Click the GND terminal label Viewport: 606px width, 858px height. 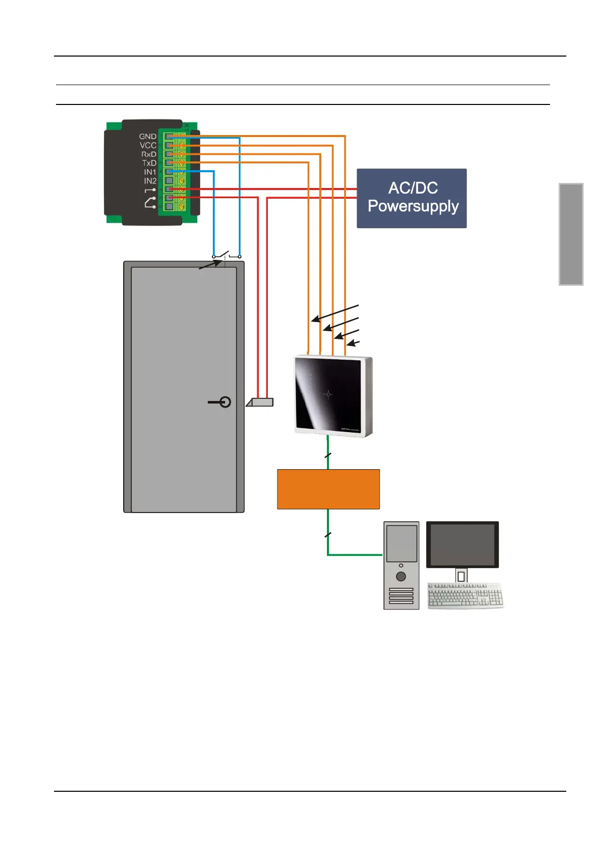click(148, 137)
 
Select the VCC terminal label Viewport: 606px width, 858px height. click(148, 145)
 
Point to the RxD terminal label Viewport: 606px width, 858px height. click(149, 154)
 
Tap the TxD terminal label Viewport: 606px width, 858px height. click(149, 163)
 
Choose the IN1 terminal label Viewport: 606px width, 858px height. click(150, 172)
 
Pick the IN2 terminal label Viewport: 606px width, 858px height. click(150, 181)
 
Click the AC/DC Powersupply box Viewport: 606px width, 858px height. click(411, 198)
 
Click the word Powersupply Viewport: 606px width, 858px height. click(413, 206)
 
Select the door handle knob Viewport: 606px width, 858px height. click(225, 402)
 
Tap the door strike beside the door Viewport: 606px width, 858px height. click(260, 402)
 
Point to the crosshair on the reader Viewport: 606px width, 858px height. click(328, 394)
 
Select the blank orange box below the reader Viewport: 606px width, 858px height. click(328, 489)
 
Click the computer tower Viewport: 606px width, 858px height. click(401, 565)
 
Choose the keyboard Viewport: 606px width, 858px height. click(465, 595)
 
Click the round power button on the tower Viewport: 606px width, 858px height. click(401, 576)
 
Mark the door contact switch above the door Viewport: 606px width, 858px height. click(227, 255)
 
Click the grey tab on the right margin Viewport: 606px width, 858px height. click(571, 234)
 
